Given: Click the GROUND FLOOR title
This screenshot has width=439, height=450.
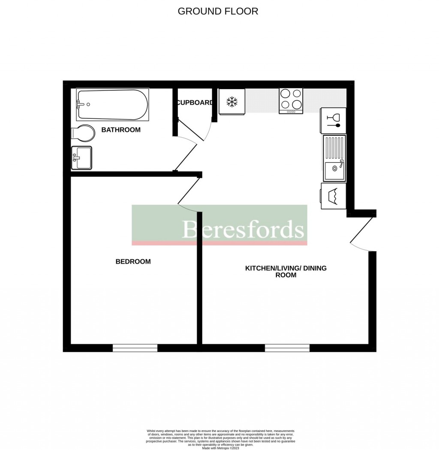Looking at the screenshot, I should point(218,11).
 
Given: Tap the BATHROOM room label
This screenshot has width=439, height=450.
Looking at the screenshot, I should point(120,130).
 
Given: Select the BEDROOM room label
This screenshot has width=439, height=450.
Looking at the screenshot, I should point(133,261).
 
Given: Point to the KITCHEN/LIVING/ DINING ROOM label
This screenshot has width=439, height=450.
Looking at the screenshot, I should point(286,272).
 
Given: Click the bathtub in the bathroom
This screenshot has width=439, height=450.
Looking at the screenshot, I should point(112,105).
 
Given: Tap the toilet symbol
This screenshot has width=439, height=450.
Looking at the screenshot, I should point(83,134).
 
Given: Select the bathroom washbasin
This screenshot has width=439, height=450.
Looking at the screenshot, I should point(81,158).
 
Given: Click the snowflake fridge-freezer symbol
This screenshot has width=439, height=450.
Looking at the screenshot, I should point(232,102).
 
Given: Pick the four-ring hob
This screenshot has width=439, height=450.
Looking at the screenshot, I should point(291,101).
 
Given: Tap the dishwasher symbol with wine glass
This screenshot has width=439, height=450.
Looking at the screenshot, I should point(333,120).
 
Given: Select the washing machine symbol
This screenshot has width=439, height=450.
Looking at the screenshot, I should point(334,196).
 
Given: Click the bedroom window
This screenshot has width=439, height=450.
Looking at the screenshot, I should point(135,348).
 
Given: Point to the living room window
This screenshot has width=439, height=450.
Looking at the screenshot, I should point(287,348).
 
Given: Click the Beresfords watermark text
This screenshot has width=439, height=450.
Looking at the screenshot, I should point(243,229).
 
